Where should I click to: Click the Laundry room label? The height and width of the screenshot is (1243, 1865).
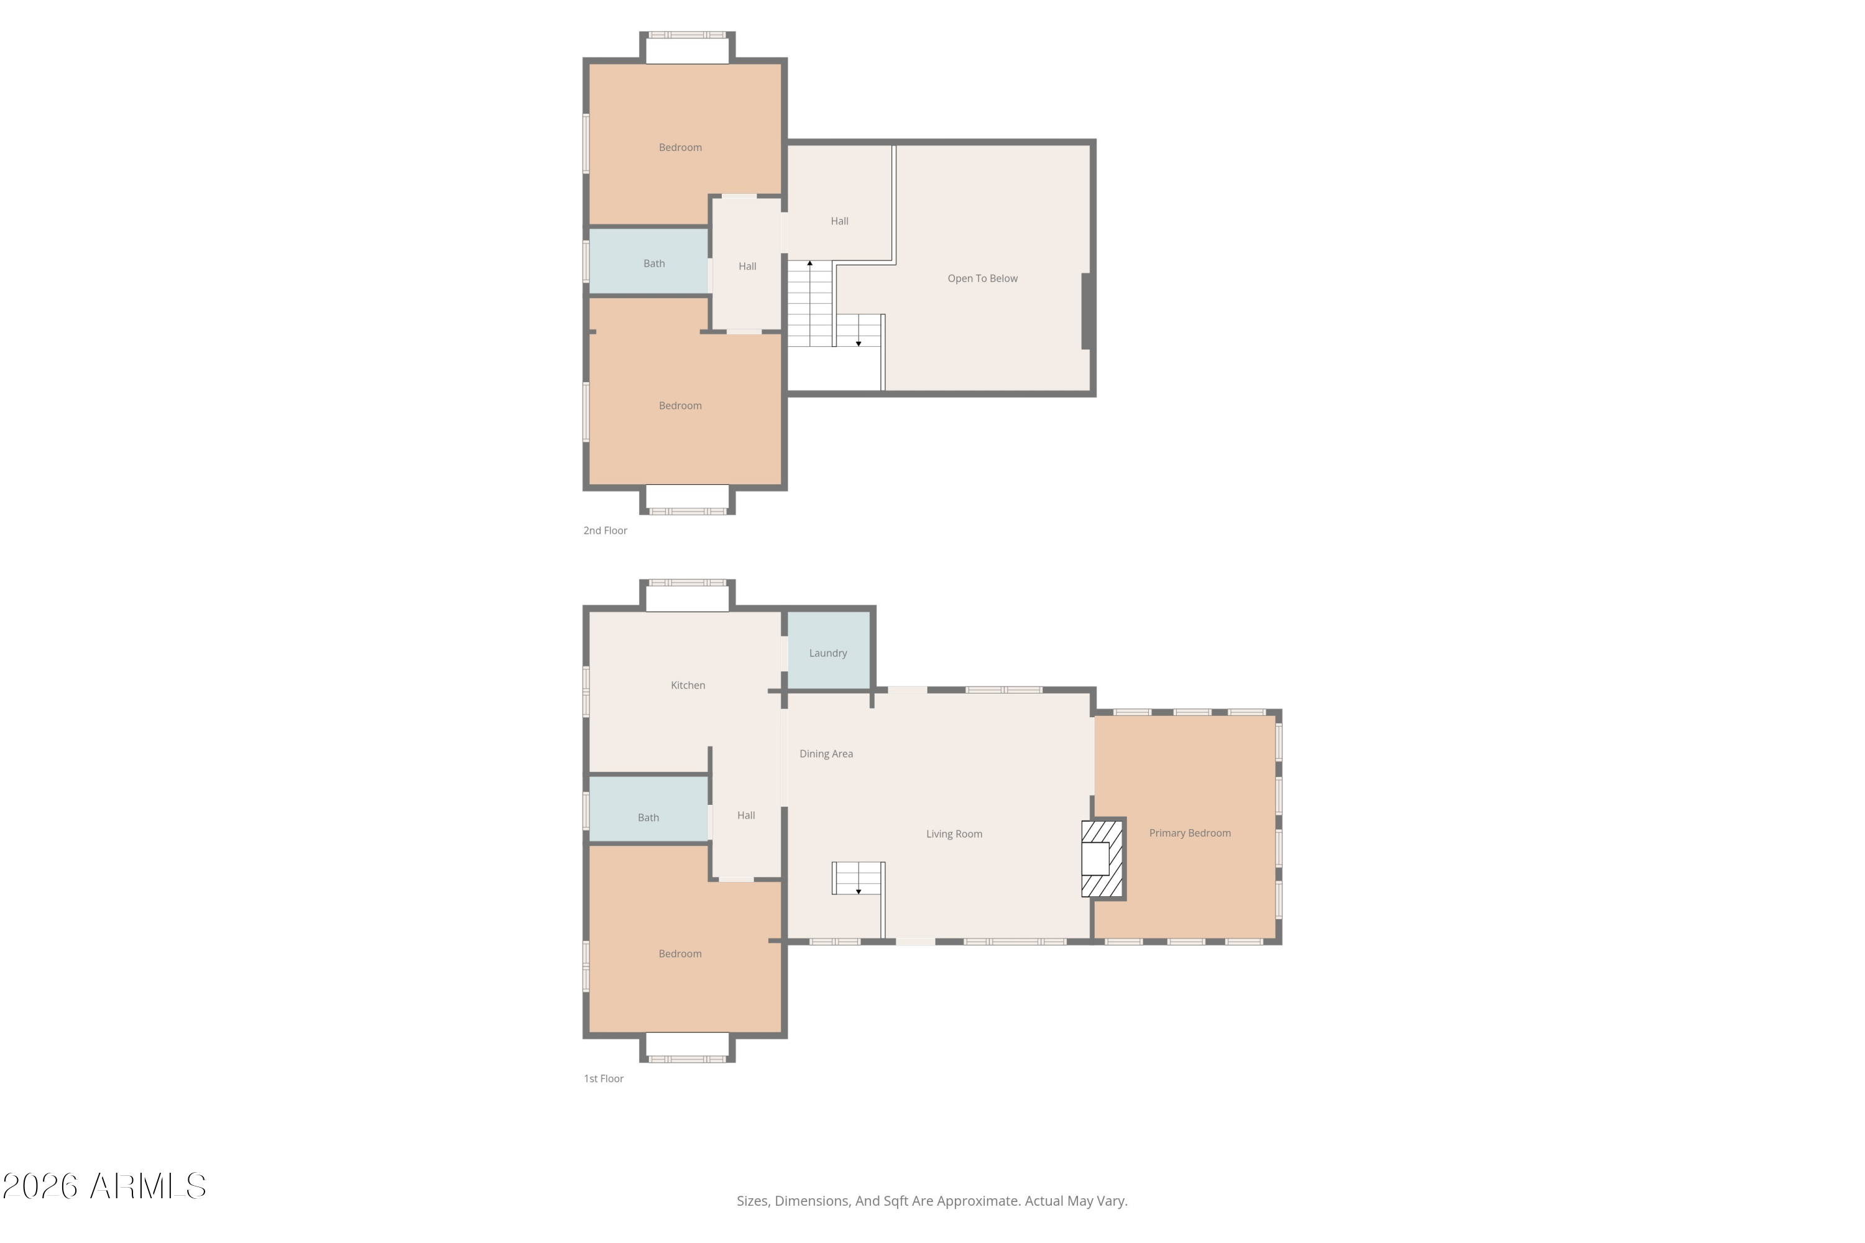[x=828, y=653]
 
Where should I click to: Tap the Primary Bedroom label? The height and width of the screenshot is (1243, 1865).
[x=1189, y=833]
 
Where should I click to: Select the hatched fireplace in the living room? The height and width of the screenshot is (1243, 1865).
[x=1102, y=858]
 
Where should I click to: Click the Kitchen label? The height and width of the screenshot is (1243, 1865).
[x=688, y=685]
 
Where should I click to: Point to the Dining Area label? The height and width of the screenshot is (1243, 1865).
[x=826, y=754]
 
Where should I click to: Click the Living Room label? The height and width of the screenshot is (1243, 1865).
[x=954, y=834]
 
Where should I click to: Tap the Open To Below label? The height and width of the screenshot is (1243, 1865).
[x=982, y=278]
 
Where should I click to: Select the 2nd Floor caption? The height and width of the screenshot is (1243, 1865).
[x=605, y=530]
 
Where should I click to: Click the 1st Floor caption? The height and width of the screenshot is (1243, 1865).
[x=604, y=1078]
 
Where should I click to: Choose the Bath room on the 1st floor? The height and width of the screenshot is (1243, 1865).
[x=648, y=817]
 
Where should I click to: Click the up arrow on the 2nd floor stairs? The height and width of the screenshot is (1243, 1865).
[x=809, y=263]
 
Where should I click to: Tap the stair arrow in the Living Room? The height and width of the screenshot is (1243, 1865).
[x=858, y=891]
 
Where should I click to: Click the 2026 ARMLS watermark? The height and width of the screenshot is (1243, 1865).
[x=104, y=1186]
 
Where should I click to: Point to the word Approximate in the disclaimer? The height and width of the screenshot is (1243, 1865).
[x=981, y=1201]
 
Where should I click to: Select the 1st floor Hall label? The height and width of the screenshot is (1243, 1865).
[x=746, y=815]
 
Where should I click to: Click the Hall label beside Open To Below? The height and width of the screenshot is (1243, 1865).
[x=839, y=221]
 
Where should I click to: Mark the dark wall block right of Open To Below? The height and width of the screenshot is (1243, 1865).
[x=1088, y=311]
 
